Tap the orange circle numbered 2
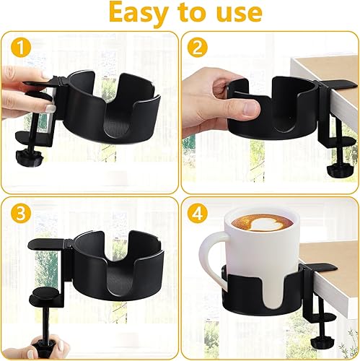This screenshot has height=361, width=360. pyautogui.click(x=198, y=48)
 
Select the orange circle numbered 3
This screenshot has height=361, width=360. pyautogui.click(x=21, y=214)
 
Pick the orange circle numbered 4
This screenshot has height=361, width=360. pyautogui.click(x=198, y=214)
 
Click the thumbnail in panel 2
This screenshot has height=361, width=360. pyautogui.click(x=250, y=108)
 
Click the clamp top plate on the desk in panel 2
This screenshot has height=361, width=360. pyautogui.click(x=338, y=84)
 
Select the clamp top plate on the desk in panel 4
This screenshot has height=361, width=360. pyautogui.click(x=319, y=267)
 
